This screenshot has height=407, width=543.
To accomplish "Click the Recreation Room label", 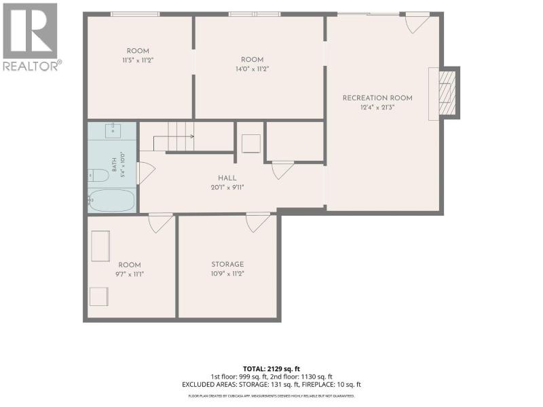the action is pos(377,98).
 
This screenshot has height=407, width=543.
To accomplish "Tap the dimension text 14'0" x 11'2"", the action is pos(252,69).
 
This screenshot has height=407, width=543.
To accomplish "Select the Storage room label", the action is pos(227,264).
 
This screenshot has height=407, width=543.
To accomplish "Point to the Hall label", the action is pos(227,178).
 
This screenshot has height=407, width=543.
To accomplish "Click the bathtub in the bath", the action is pos(111,200).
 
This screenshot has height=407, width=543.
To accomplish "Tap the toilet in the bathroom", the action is pos(98,176).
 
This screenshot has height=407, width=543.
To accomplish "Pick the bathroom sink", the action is pos(113,130).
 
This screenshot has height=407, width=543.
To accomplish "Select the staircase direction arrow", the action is pos(173,137).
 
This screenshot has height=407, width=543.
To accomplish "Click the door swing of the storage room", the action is pos(258,222).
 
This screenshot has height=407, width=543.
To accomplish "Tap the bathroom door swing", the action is pos(146,173).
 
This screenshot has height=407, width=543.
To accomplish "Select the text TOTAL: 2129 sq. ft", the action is pos(271,369).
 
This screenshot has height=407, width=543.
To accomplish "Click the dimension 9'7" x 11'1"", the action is pos(130,274).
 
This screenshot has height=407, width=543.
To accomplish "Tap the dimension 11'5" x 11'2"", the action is pos(138,60).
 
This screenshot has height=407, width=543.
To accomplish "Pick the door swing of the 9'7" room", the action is pos(160,223).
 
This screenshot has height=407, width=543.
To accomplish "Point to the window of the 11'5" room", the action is pos(135,14).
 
